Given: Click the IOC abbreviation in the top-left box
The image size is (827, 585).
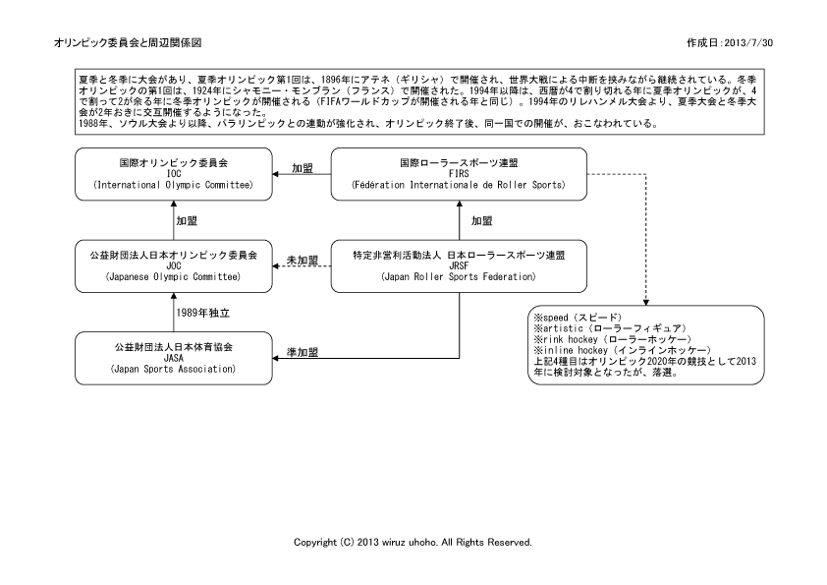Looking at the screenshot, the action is coord(174,174).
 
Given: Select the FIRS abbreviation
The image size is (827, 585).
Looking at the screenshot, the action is coord(459,174).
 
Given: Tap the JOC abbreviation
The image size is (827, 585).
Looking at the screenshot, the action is coord(174,266).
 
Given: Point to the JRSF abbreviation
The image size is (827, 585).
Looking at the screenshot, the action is coord(459,266).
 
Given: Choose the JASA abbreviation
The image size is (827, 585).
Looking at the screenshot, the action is coord(174,358).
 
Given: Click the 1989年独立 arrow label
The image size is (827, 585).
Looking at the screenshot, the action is coord(203,313).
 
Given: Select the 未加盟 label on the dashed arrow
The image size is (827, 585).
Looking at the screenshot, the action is coord(303,261).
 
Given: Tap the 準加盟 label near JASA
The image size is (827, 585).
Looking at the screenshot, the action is coord(303,352).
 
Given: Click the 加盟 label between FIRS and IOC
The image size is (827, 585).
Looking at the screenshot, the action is coord(303,168).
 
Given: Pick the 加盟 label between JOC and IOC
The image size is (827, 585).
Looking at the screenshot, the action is coord(187,221).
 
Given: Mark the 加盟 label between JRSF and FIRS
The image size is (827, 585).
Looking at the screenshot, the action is coord(481,221).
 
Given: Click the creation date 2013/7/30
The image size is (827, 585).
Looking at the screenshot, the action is coord(749,43).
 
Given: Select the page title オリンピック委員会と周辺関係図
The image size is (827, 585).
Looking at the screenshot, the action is coord(128,42).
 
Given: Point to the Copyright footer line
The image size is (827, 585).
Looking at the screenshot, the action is coord(413,543).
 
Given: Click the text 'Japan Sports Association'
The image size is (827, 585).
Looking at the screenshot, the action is coord(174,369).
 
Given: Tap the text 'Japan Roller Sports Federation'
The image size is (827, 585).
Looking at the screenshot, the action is coord(459,276).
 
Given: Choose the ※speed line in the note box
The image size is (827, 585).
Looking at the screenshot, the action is coord(579,318).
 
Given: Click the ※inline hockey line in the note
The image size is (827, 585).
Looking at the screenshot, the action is coord(623,351).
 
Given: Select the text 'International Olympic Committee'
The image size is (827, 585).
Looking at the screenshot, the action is coord(174,185).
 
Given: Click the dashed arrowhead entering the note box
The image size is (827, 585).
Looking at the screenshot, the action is coord(646,303).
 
